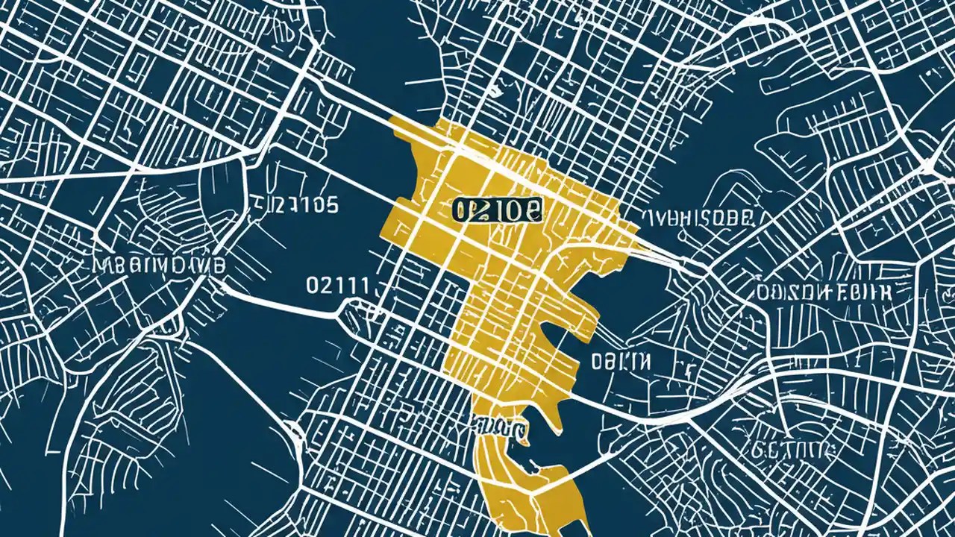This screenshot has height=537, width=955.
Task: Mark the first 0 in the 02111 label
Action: pyautogui.click(x=313, y=284)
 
